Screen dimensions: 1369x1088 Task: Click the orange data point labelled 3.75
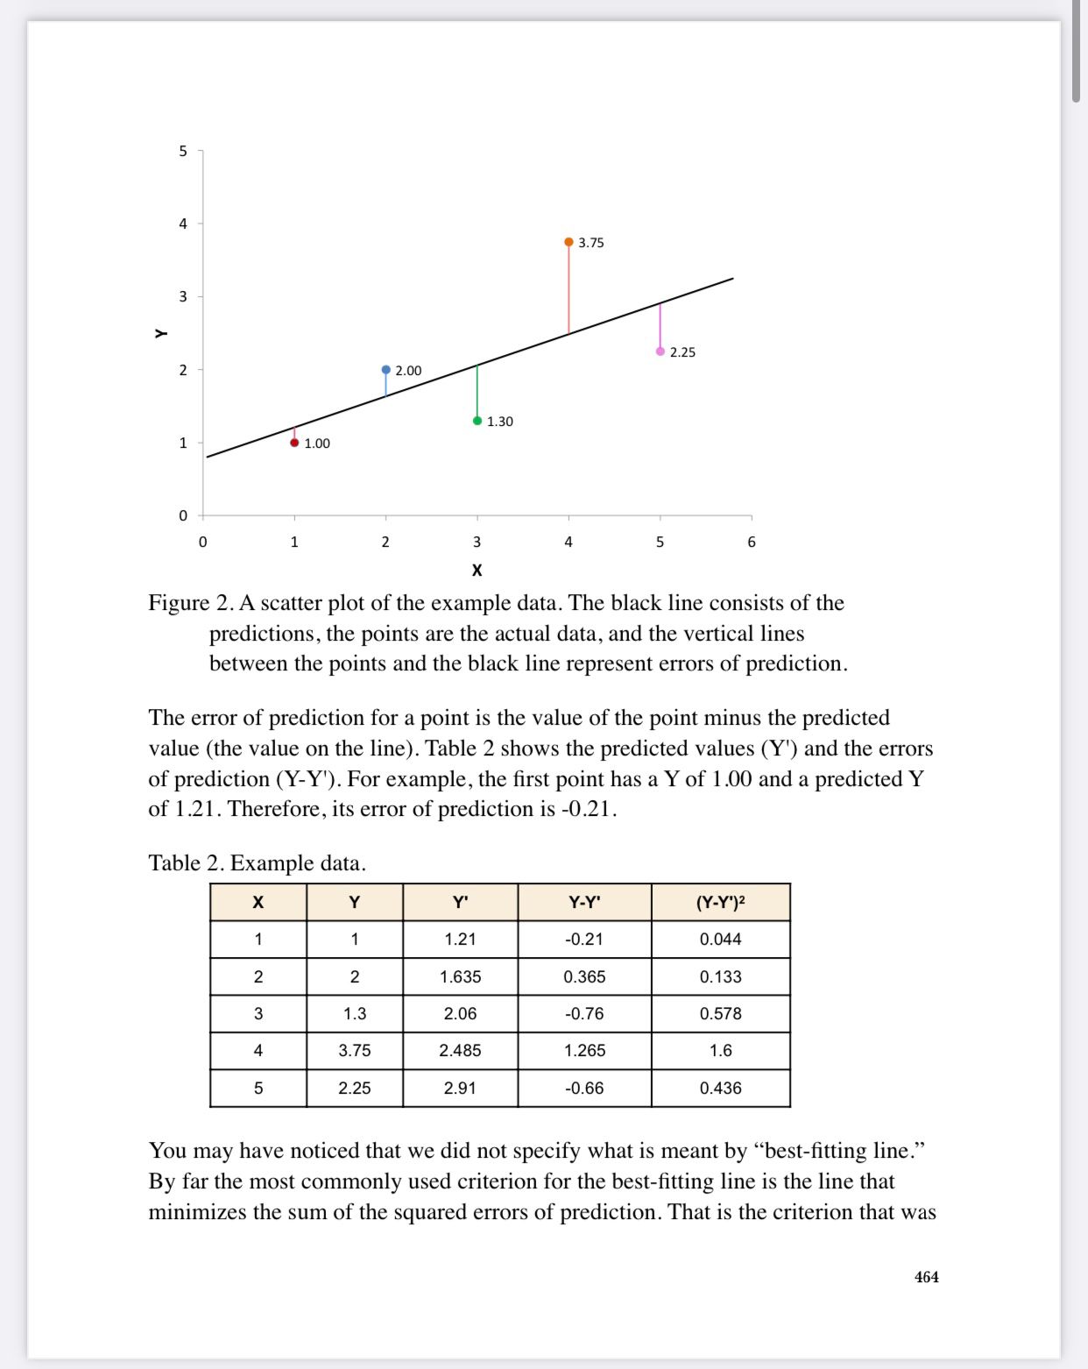(569, 242)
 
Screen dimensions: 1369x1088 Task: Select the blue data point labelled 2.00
(385, 370)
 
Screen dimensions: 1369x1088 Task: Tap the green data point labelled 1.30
(477, 421)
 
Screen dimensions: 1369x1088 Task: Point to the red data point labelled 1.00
(294, 443)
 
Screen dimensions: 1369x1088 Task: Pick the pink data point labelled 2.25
(661, 351)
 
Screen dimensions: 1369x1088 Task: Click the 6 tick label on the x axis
(752, 542)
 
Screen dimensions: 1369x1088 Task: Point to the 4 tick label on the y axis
(183, 223)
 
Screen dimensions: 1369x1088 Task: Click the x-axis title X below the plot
(477, 571)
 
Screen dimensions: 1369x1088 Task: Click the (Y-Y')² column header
(720, 902)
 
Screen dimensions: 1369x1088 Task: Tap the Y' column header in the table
(460, 902)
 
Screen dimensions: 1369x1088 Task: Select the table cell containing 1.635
(460, 976)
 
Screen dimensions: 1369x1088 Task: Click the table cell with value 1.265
(584, 1050)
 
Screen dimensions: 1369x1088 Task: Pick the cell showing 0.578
(720, 1013)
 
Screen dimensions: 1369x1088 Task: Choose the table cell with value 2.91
(460, 1088)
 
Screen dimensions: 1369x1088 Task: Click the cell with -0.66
(584, 1088)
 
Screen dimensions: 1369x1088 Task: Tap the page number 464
(926, 1277)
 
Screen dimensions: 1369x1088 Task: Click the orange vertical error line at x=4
(569, 289)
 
